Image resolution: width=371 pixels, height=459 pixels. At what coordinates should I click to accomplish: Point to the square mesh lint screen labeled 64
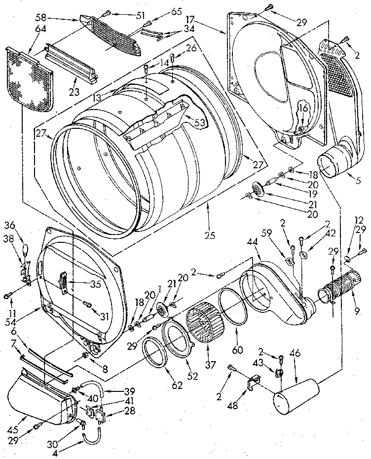tap(30, 79)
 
